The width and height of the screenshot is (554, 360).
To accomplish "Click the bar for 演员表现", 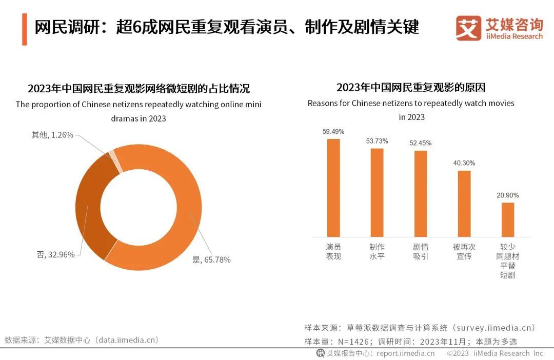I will click(333, 188).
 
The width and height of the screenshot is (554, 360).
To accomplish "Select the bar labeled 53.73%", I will click(377, 192).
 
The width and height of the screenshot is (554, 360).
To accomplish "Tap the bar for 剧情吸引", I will click(421, 193).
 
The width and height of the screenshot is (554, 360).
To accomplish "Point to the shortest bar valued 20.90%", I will click(508, 219).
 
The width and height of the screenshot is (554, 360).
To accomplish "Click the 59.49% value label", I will click(333, 132).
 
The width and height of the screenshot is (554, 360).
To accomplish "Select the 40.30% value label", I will click(464, 163).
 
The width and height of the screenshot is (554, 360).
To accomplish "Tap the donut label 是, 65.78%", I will click(211, 259).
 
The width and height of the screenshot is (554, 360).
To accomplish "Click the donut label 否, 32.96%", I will click(56, 254).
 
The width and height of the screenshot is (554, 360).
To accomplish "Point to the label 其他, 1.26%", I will click(53, 135).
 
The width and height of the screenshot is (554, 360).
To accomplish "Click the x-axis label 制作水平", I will click(377, 251).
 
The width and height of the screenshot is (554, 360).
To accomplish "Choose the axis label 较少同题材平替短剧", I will click(508, 261).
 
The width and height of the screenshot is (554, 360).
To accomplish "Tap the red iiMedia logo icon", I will click(468, 28).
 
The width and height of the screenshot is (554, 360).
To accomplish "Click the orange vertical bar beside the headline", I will click(25, 30).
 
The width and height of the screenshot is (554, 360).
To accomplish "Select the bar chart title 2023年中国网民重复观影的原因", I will click(411, 87).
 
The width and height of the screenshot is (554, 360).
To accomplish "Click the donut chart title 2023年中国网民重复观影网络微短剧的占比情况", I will click(138, 88).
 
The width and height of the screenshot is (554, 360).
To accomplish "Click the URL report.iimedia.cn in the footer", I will click(405, 353).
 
